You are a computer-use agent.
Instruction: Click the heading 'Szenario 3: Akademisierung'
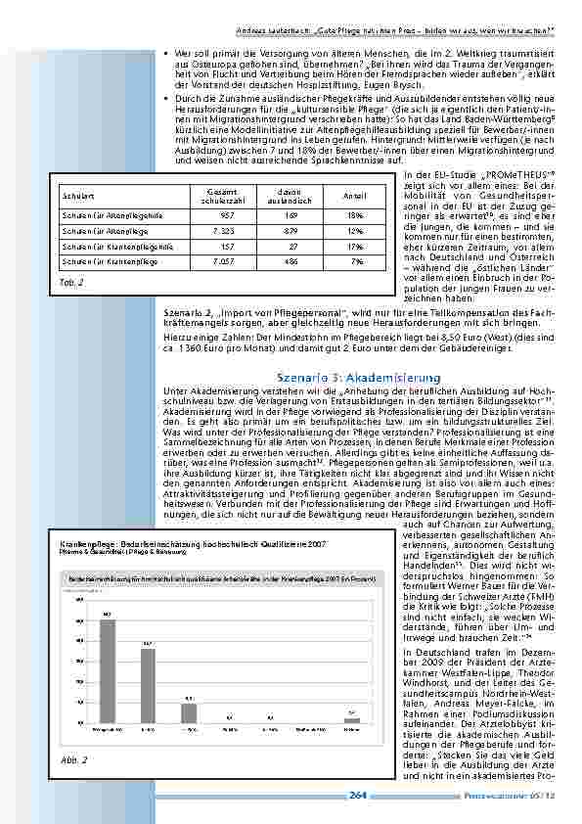pos(346,377)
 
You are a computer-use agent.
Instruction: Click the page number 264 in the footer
pos(358,795)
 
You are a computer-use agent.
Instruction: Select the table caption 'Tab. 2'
pos(72,282)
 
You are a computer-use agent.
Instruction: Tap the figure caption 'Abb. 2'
pos(75,759)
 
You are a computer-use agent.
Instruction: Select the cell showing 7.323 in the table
pos(225,230)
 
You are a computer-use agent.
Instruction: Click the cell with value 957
pos(227,213)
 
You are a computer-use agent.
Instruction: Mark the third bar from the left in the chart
pos(189,712)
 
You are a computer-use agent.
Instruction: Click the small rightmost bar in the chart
pos(351,719)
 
